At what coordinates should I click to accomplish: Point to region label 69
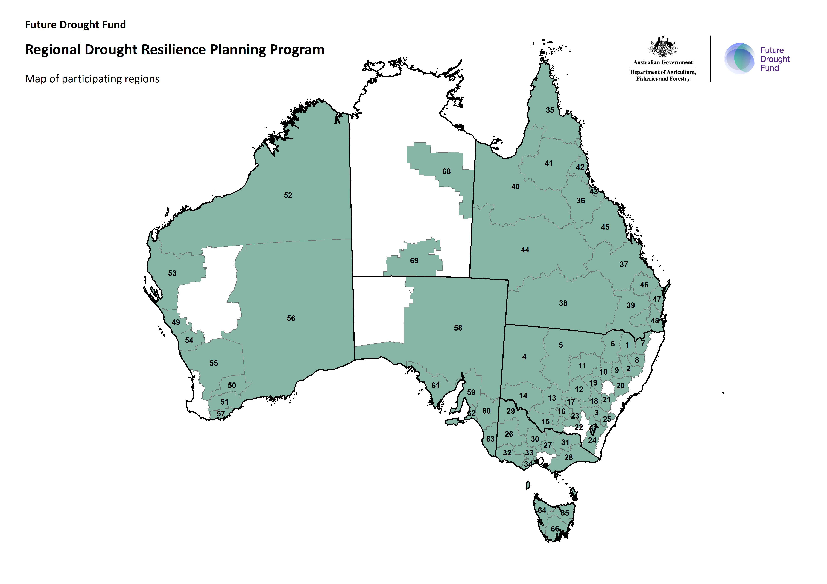pyautogui.click(x=414, y=261)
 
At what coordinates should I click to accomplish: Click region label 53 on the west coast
pyautogui.click(x=172, y=273)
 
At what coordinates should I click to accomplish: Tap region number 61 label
pyautogui.click(x=436, y=386)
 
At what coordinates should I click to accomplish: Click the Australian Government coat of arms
pyautogui.click(x=663, y=47)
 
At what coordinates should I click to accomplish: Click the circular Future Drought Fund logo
pyautogui.click(x=739, y=58)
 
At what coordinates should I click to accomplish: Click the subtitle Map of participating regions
pyautogui.click(x=92, y=79)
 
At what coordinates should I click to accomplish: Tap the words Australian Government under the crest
pyautogui.click(x=663, y=62)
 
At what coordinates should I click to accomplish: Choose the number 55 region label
pyautogui.click(x=214, y=363)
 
